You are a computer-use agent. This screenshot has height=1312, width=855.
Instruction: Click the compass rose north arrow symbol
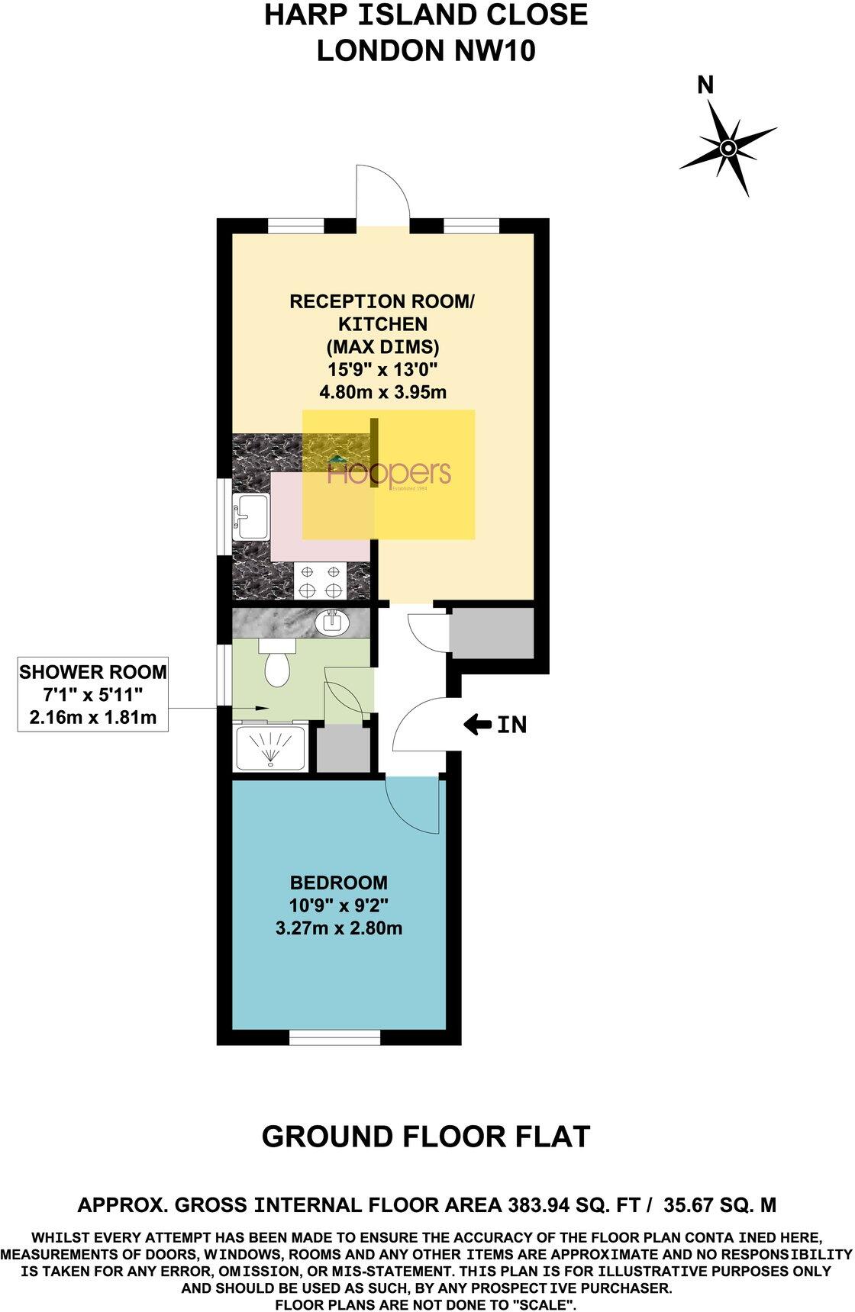tap(728, 146)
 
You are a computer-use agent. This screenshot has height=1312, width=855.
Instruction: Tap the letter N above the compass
tap(706, 85)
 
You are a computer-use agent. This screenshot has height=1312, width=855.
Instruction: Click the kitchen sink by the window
tap(250, 516)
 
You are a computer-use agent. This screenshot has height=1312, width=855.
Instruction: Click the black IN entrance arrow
tap(478, 725)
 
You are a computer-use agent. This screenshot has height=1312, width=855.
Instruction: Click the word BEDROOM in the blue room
tap(339, 883)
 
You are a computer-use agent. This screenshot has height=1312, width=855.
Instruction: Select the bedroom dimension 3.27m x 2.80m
tap(339, 928)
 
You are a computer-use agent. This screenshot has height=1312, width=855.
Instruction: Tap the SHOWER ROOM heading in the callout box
tap(92, 672)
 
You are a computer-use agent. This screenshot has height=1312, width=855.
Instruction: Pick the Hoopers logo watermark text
tap(389, 474)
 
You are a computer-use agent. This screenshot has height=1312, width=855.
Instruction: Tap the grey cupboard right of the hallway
tap(491, 634)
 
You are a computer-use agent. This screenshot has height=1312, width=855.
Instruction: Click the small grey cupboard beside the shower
tap(341, 749)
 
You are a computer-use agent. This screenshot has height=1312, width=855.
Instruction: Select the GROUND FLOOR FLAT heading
tap(426, 1137)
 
